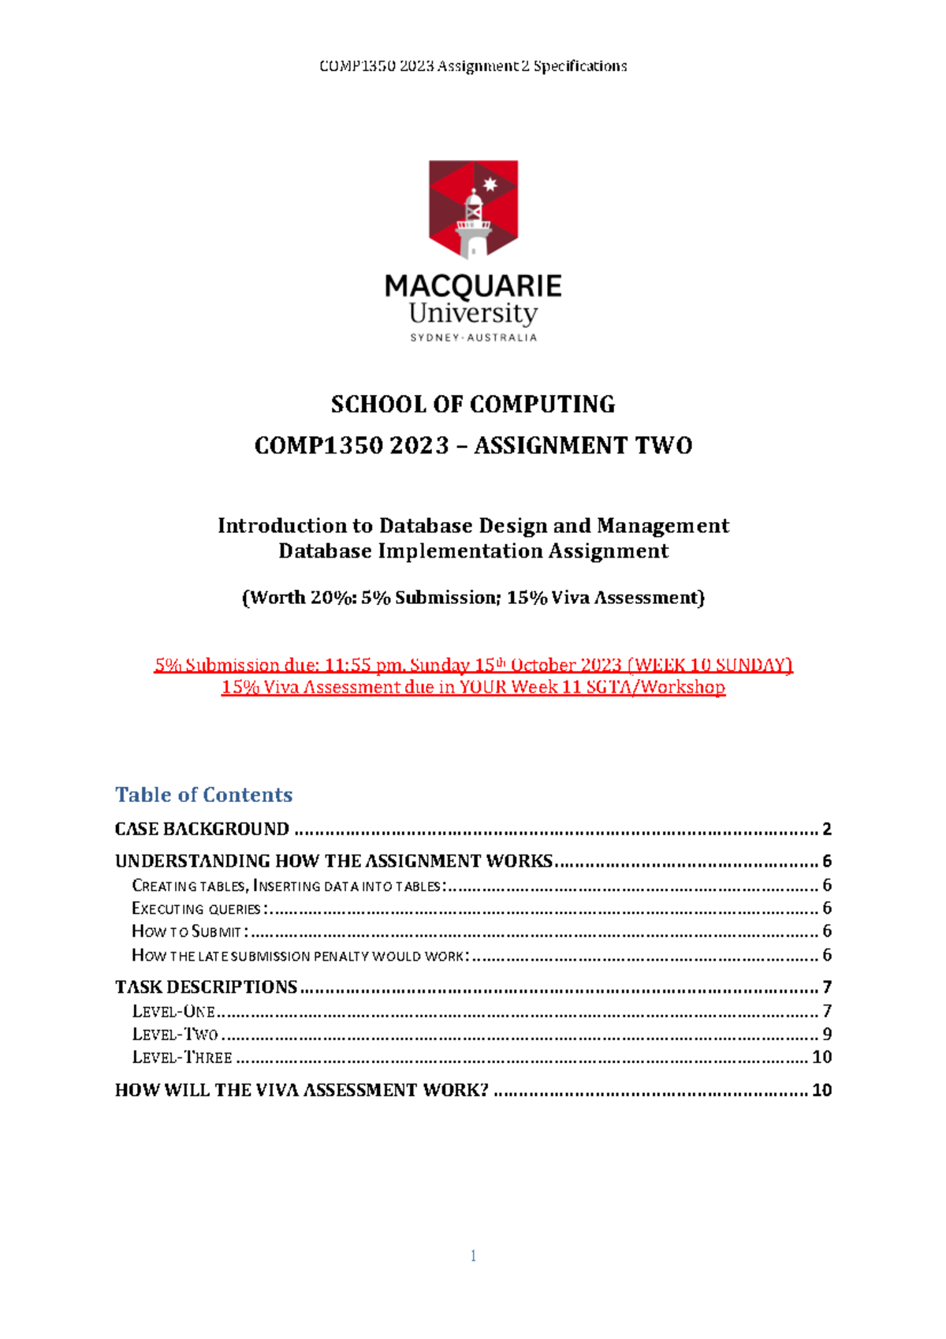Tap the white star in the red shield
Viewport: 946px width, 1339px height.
[490, 185]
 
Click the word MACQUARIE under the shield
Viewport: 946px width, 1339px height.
[473, 285]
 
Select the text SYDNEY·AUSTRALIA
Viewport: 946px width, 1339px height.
[473, 338]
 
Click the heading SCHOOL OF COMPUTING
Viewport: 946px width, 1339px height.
[473, 405]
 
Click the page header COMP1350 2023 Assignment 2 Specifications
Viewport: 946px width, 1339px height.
[473, 66]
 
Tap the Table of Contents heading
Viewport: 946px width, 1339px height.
[203, 795]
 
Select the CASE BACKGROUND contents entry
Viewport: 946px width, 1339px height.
[202, 829]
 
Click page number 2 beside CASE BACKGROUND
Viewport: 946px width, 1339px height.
[826, 829]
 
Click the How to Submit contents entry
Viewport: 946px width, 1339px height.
[189, 931]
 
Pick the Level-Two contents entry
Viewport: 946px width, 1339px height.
[175, 1034]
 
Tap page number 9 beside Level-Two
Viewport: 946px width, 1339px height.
[827, 1034]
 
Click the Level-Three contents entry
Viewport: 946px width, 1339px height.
[182, 1057]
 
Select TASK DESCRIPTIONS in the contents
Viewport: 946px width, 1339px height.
[206, 987]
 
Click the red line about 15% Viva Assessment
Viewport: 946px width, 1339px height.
[473, 688]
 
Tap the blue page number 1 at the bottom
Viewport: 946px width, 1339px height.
[473, 1256]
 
